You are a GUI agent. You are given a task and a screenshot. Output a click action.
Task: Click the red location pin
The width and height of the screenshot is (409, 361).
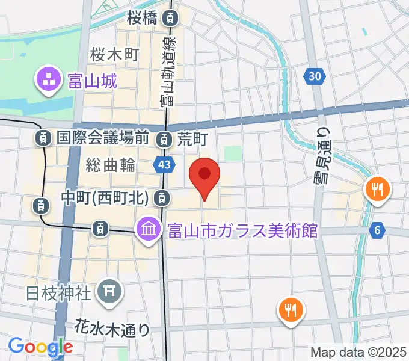click(x=204, y=176)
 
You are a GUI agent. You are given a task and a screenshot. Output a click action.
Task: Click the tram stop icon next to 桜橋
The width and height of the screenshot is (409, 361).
click(x=171, y=19)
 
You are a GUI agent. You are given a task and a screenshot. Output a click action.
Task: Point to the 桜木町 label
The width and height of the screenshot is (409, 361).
click(x=114, y=55)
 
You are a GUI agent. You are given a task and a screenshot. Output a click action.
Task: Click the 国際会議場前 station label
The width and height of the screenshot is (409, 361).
click(x=102, y=138)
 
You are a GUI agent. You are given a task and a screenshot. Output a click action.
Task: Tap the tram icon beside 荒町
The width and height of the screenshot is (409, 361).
click(x=164, y=140)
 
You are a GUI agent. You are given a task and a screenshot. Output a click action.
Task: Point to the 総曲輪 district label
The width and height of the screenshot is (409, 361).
click(x=110, y=164)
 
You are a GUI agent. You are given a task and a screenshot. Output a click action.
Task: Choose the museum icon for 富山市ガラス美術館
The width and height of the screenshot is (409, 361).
click(x=147, y=229)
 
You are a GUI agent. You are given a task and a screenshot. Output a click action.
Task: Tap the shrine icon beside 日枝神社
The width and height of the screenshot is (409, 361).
click(x=109, y=292)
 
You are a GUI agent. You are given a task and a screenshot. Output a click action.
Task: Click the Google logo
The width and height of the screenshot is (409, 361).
click(x=40, y=346)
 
